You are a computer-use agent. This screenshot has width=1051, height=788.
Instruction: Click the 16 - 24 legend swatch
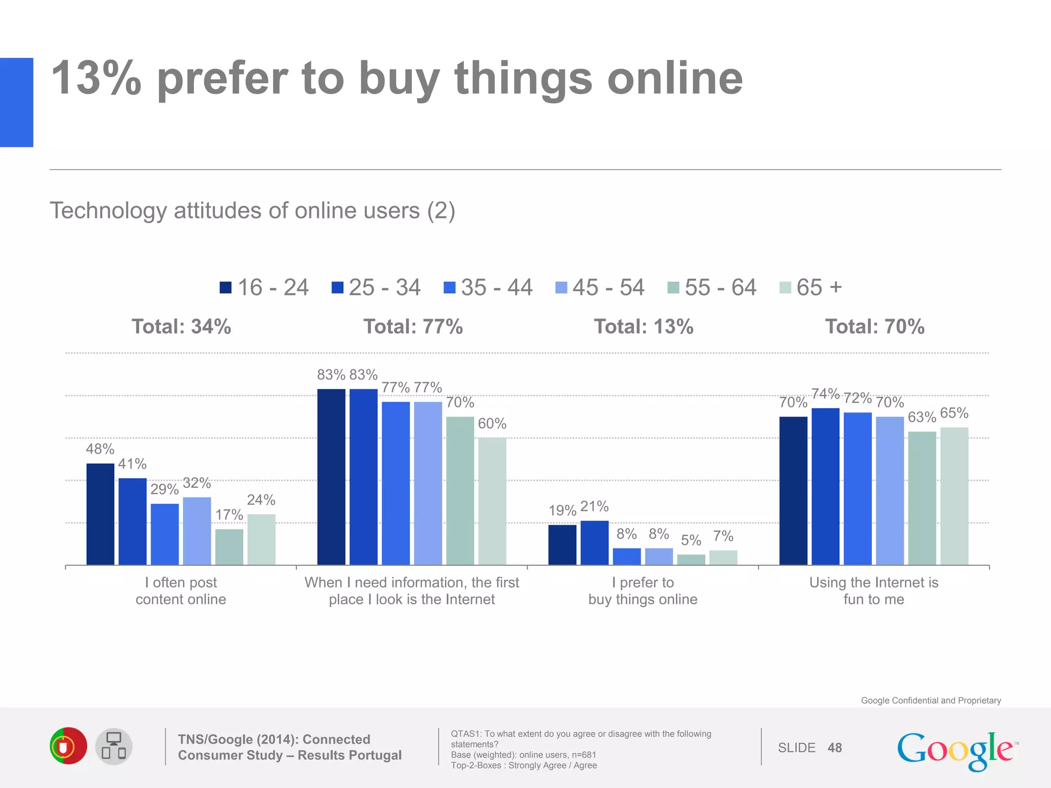coord(225,287)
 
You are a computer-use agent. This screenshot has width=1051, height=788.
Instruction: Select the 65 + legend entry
coord(811,287)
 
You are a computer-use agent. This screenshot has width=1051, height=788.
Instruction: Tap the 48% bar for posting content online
coord(100,514)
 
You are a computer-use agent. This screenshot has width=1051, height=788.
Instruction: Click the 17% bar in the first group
coord(229,547)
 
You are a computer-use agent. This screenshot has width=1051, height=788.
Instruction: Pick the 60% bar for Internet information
coord(492,501)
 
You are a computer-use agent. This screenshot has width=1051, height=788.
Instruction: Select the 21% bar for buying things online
coord(594,543)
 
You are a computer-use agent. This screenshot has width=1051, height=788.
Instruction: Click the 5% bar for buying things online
coord(691,560)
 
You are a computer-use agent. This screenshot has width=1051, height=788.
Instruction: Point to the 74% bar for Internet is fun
coord(825,486)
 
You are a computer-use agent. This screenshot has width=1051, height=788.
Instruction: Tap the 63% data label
coord(922,418)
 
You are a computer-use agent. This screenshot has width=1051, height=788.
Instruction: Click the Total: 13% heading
coord(644,327)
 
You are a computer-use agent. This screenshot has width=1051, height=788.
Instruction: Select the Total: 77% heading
coord(413,327)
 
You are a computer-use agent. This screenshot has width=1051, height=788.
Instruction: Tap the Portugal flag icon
coord(68,746)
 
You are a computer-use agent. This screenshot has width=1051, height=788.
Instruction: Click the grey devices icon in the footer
coord(114,746)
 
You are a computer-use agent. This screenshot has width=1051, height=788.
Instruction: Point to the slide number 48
coord(834,748)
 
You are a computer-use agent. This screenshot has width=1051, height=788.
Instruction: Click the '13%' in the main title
coord(96,78)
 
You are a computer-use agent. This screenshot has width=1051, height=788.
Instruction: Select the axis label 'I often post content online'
coord(181,590)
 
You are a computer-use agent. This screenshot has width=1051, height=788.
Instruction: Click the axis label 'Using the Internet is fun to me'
coord(873,590)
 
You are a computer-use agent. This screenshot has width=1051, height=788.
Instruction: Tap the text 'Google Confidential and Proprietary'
coord(930,700)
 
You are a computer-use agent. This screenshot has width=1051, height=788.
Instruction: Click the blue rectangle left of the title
coord(16,103)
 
